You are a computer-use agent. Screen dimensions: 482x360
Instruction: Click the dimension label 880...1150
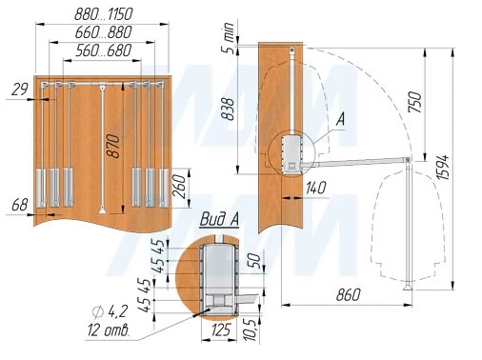point(103,14)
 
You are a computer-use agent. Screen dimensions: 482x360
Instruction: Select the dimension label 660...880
point(103,32)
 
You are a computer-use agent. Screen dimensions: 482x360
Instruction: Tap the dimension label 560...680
point(103,50)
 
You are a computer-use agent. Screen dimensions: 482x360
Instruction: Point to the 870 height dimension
point(113,147)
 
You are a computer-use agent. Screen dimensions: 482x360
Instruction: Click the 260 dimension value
point(179,186)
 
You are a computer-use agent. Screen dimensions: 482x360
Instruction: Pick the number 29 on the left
point(20,90)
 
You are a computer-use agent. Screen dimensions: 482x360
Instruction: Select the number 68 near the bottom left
point(20,205)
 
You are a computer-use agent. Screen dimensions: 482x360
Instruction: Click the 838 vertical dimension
point(228,109)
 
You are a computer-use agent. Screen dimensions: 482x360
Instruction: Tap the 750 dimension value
point(415,102)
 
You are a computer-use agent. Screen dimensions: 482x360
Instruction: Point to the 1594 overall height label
point(442,167)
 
